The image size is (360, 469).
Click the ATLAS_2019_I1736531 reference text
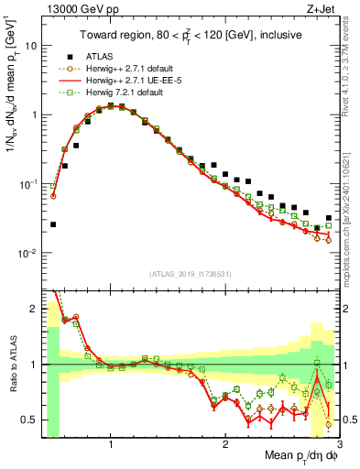[x=191, y=274]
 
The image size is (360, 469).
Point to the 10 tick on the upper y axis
[x=29, y=45]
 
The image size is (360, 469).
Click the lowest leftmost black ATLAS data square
[x=53, y=224]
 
